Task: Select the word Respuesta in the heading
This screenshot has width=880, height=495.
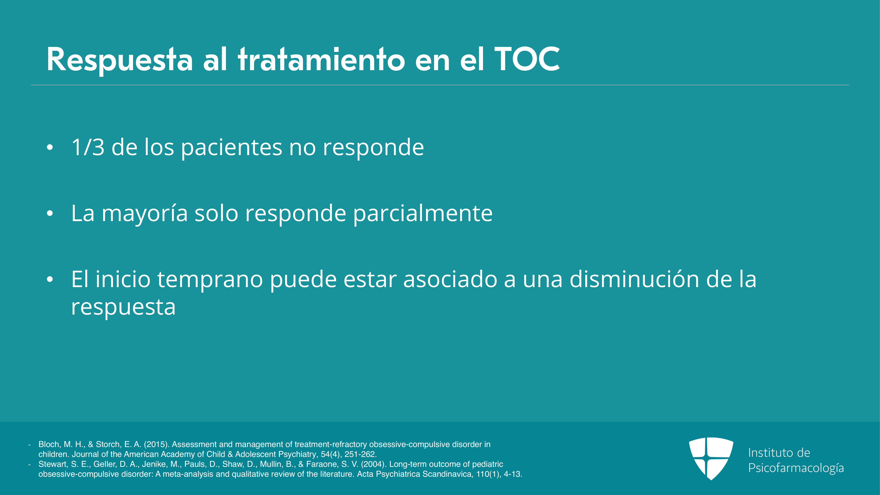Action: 120,60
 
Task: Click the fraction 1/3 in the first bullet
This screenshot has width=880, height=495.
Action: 88,147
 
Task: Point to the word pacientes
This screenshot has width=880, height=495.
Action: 232,148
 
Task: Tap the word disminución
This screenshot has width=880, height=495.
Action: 634,279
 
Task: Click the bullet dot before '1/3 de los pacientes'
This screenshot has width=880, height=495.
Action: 50,148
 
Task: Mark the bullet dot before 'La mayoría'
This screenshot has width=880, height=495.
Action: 50,213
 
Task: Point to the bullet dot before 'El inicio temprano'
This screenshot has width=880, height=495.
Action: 50,279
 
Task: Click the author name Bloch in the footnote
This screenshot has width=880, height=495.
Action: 50,444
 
